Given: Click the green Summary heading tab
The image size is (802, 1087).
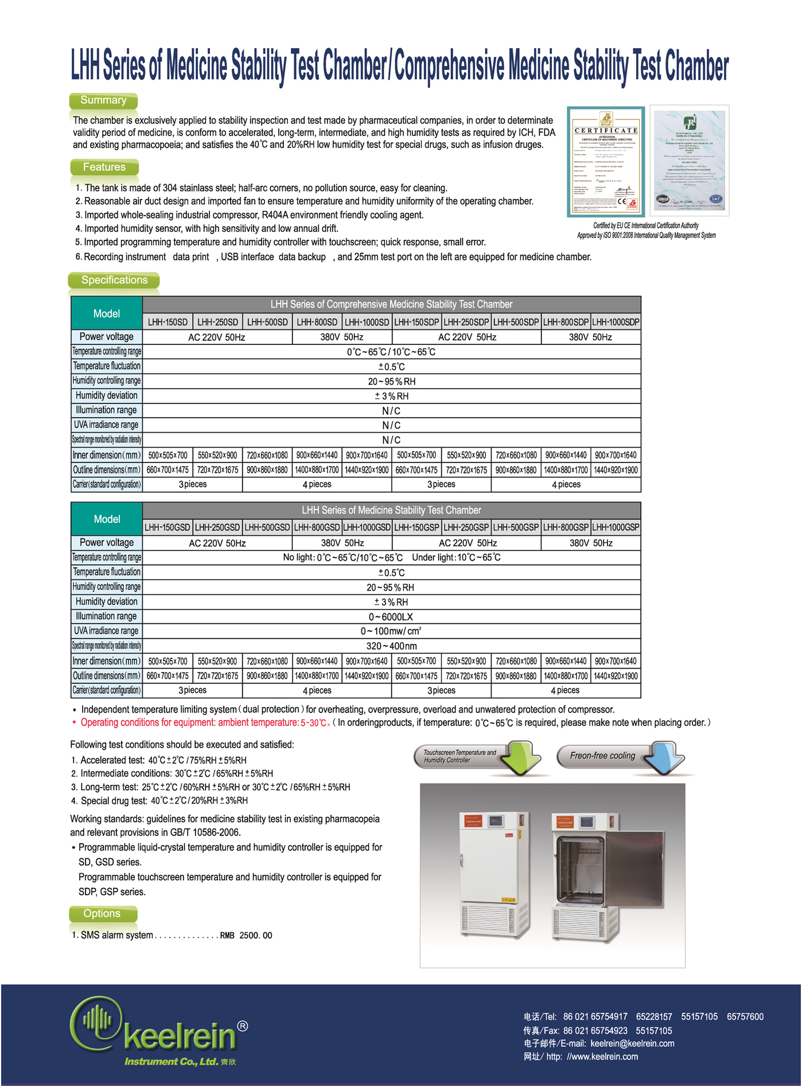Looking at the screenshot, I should (x=103, y=100).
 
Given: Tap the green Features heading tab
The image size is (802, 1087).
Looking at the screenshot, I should (x=104, y=167).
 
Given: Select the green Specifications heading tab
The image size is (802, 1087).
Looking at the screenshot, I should (x=114, y=280).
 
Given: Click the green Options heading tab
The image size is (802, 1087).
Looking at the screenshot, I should (x=102, y=913).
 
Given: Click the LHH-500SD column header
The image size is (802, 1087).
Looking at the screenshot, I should (x=267, y=322).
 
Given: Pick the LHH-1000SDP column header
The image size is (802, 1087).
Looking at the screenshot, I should (x=616, y=322).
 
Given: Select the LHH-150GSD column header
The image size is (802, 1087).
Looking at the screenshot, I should (x=168, y=527).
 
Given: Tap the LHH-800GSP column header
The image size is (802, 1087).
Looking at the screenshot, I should (x=566, y=527).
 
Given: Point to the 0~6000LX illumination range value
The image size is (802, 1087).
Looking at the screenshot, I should (x=391, y=617).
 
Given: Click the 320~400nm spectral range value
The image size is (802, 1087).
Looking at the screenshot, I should (x=391, y=646).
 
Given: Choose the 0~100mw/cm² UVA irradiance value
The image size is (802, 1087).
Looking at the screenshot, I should (x=391, y=631).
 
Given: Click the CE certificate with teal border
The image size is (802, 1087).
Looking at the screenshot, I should (x=606, y=162).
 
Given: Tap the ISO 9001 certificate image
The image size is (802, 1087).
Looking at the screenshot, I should (x=689, y=161).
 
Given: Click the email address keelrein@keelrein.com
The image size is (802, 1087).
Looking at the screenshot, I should (x=632, y=1043).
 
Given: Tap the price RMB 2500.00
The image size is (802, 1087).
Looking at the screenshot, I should (x=246, y=935).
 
